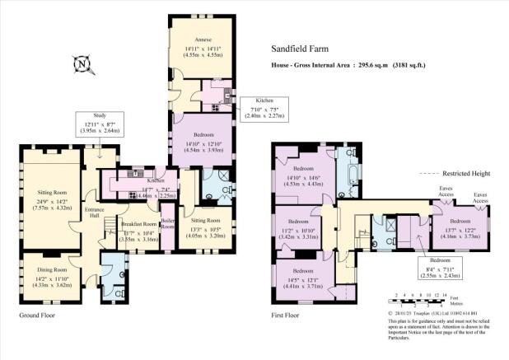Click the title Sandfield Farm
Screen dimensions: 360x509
pyautogui.click(x=301, y=49)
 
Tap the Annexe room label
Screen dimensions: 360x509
pyautogui.click(x=203, y=40)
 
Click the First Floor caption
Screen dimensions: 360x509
pyautogui.click(x=289, y=315)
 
